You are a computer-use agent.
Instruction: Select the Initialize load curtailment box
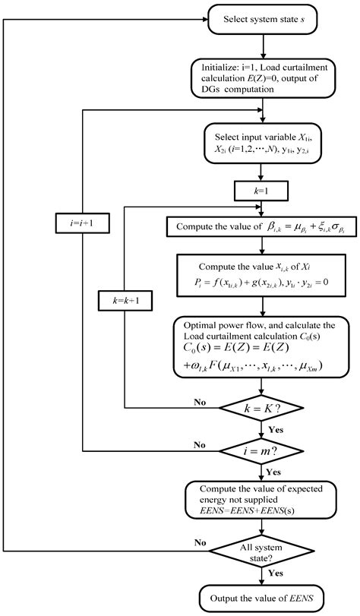(x=262, y=78)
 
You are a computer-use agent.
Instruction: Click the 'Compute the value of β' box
(x=262, y=226)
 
